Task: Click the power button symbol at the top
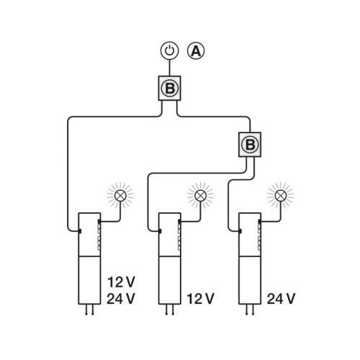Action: tap(169, 51)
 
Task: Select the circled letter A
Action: tap(196, 51)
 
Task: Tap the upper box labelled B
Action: tap(169, 88)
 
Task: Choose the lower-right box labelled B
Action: tap(250, 145)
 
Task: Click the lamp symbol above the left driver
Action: tap(120, 196)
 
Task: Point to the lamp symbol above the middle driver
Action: tap(200, 196)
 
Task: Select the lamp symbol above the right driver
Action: tap(280, 196)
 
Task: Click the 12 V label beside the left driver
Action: tap(121, 282)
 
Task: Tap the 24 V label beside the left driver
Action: tap(121, 299)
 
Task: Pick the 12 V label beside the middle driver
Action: tap(200, 299)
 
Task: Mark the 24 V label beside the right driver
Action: tap(281, 299)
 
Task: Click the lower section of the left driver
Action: tap(89, 280)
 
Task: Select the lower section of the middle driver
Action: tap(169, 280)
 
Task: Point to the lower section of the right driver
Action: tap(250, 280)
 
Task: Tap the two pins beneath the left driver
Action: tap(89, 310)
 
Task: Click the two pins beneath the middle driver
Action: tap(169, 310)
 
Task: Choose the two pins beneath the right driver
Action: tap(250, 310)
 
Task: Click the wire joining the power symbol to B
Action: tap(169, 68)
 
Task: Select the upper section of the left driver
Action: tap(89, 235)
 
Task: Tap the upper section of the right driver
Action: tap(250, 235)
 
